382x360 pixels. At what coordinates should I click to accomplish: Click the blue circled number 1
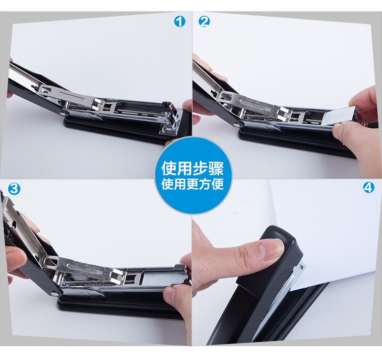pyautogui.click(x=180, y=22)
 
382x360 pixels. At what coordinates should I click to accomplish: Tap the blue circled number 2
pyautogui.click(x=204, y=22)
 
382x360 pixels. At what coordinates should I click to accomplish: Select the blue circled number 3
pyautogui.click(x=14, y=189)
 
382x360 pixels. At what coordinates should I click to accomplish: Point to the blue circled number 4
pyautogui.click(x=369, y=188)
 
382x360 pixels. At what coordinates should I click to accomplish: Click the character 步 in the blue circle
pyautogui.click(x=200, y=169)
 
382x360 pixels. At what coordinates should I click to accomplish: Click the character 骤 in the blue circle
pyautogui.click(x=215, y=169)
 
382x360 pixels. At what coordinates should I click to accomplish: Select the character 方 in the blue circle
pyautogui.click(x=206, y=184)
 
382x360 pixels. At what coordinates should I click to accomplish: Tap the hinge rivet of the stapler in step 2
pyautogui.click(x=236, y=124)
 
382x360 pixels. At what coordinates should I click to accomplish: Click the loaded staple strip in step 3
pyautogui.click(x=163, y=278)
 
